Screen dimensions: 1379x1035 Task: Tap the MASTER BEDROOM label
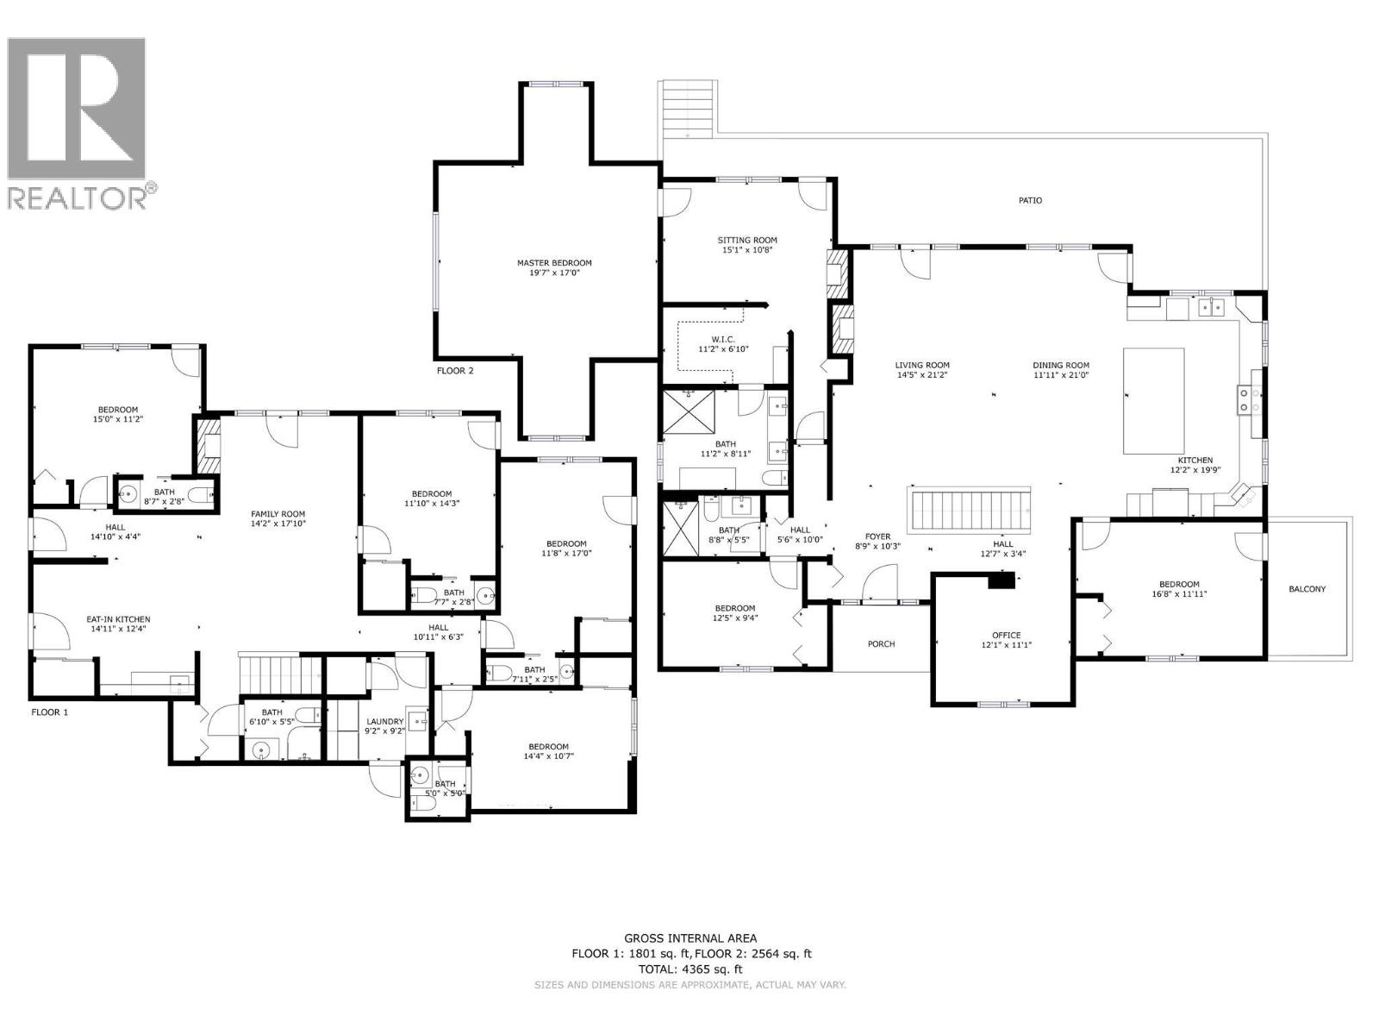554,263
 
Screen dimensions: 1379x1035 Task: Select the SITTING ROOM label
747,240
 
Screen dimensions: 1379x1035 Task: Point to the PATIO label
1030,200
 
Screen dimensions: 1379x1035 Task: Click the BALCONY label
1307,589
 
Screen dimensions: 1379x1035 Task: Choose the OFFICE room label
1006,635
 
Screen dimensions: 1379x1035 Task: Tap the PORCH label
881,643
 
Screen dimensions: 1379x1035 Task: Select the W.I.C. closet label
724,339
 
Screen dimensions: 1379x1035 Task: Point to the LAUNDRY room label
384,721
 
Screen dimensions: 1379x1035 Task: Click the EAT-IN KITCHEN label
118,619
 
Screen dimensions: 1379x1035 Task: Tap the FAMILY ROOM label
278,513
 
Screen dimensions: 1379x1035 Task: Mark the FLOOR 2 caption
455,371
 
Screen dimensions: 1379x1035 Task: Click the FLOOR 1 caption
50,712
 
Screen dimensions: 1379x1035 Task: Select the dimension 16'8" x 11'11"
1179,593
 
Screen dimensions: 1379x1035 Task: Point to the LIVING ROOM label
922,365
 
